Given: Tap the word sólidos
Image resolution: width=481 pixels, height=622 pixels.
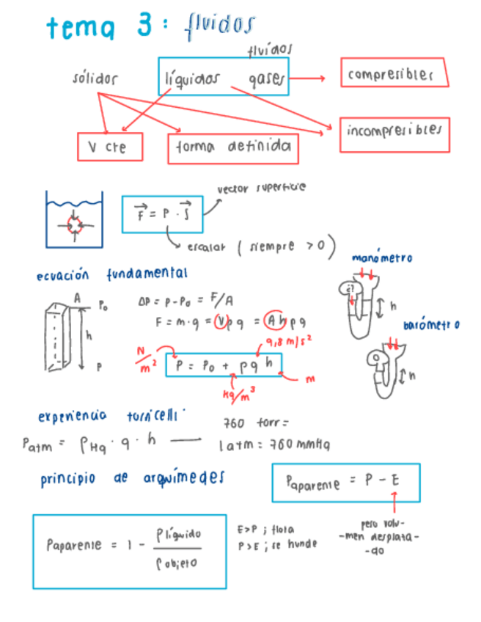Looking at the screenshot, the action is (95, 78).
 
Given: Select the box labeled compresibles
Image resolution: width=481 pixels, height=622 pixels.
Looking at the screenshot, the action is (394, 73).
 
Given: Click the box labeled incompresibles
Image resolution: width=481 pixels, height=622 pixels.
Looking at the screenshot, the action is (394, 133).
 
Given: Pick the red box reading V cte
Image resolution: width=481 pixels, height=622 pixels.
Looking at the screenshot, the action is (109, 147).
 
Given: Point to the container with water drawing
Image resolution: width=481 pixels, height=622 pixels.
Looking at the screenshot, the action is (74, 217).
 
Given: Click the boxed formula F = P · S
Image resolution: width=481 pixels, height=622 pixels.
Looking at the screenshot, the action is (162, 214).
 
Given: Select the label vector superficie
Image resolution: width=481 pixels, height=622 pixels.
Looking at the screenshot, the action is (262, 188).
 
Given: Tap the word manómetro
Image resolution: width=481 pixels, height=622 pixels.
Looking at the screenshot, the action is (382, 257).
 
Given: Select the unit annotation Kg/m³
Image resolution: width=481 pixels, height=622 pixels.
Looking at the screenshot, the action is (239, 392).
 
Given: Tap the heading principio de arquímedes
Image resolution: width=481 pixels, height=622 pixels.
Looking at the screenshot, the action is (132, 478).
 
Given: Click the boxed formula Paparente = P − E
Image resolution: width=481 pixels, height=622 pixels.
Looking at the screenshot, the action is (345, 483).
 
